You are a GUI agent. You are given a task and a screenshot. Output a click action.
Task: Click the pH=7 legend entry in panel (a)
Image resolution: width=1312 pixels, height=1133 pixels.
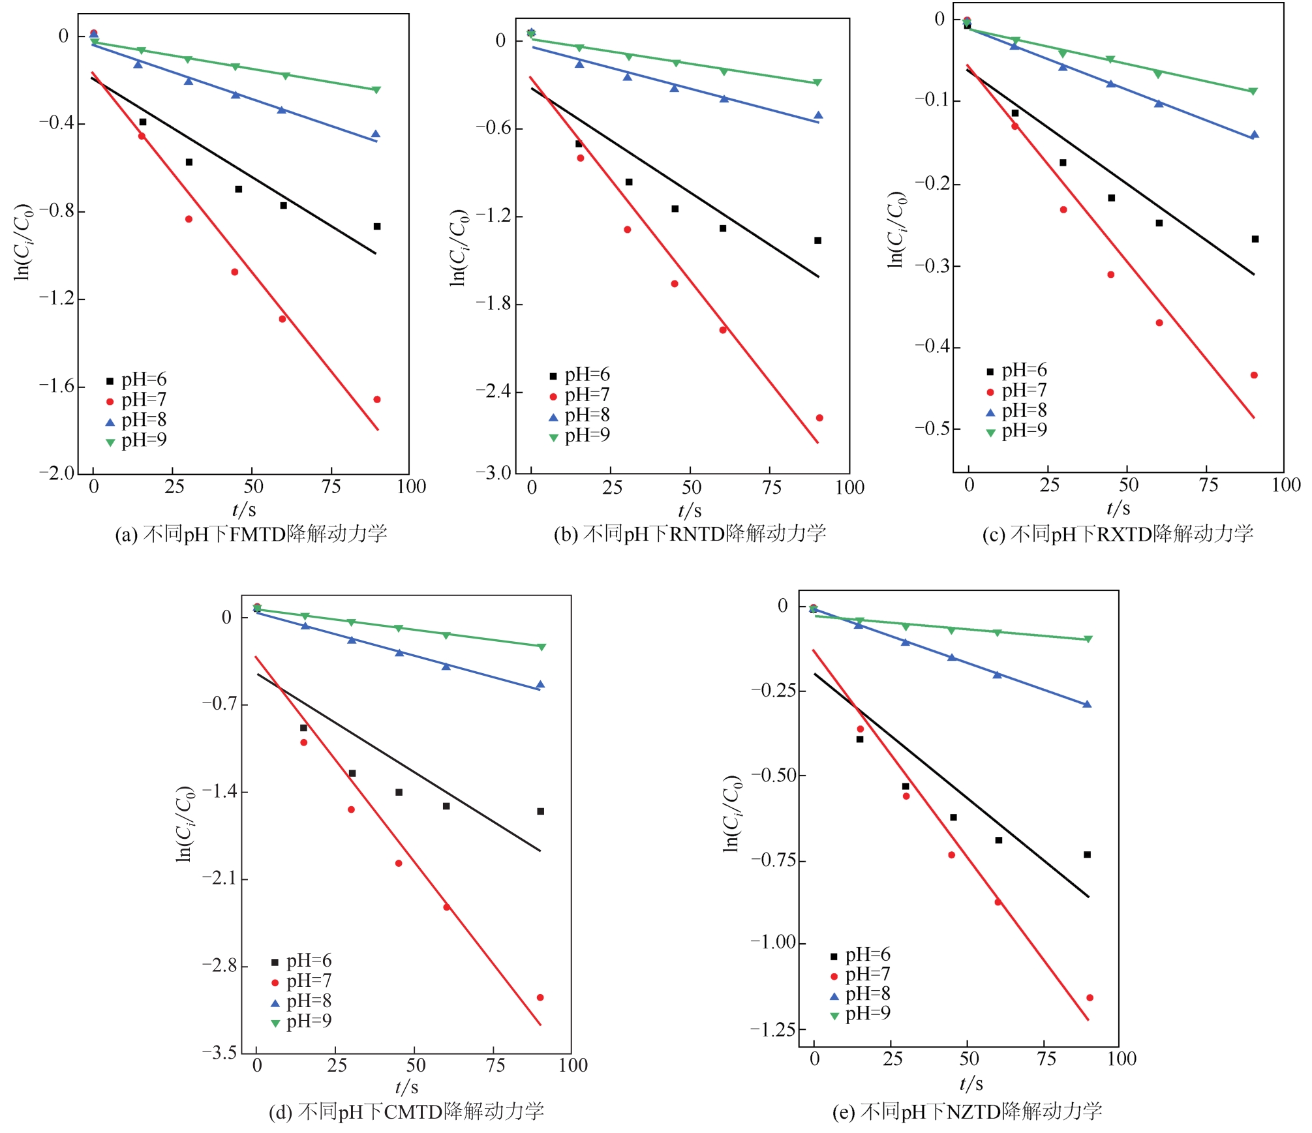point(137,400)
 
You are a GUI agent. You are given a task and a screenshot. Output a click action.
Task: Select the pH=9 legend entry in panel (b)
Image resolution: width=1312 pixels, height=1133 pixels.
point(580,436)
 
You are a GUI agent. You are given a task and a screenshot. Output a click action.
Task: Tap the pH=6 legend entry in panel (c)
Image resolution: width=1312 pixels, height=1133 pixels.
point(1017,370)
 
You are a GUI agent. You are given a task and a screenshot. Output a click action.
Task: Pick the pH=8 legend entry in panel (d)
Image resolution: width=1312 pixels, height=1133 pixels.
point(301,1001)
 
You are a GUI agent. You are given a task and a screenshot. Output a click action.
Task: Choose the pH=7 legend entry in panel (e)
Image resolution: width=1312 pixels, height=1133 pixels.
point(861,974)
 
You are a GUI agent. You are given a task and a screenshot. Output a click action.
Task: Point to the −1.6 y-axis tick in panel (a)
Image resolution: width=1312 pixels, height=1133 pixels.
point(57,385)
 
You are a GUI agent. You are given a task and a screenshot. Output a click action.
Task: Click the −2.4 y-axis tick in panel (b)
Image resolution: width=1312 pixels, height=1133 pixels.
point(493,391)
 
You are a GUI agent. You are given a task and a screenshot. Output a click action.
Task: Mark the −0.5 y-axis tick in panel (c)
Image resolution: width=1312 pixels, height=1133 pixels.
point(933,429)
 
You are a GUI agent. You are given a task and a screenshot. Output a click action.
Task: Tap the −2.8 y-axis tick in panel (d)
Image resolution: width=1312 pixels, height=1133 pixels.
point(221,965)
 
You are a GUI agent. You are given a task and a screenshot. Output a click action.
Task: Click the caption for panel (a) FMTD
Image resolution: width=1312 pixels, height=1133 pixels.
point(251,534)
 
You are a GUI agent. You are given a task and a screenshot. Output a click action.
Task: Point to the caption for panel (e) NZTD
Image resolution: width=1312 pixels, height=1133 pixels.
point(967,1111)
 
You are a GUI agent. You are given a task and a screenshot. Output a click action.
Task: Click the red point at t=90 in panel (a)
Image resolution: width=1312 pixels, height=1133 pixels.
point(376,399)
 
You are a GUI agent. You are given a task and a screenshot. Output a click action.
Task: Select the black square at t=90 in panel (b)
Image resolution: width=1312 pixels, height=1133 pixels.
point(817,241)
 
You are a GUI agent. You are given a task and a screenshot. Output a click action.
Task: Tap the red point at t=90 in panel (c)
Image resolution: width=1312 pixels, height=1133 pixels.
point(1253,375)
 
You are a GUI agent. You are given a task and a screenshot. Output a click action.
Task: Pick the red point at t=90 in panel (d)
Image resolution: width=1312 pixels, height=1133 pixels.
point(540,997)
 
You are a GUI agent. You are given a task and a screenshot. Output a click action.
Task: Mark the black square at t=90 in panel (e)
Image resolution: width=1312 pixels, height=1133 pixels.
point(1087,854)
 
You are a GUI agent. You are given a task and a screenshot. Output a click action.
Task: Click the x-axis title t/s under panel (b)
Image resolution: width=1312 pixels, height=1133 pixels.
point(689,510)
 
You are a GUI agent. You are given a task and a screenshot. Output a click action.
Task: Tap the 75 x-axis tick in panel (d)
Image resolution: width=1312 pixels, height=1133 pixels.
point(495,1066)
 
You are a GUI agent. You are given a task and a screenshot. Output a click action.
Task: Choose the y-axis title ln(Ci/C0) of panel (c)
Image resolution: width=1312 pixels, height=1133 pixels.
point(896,229)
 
